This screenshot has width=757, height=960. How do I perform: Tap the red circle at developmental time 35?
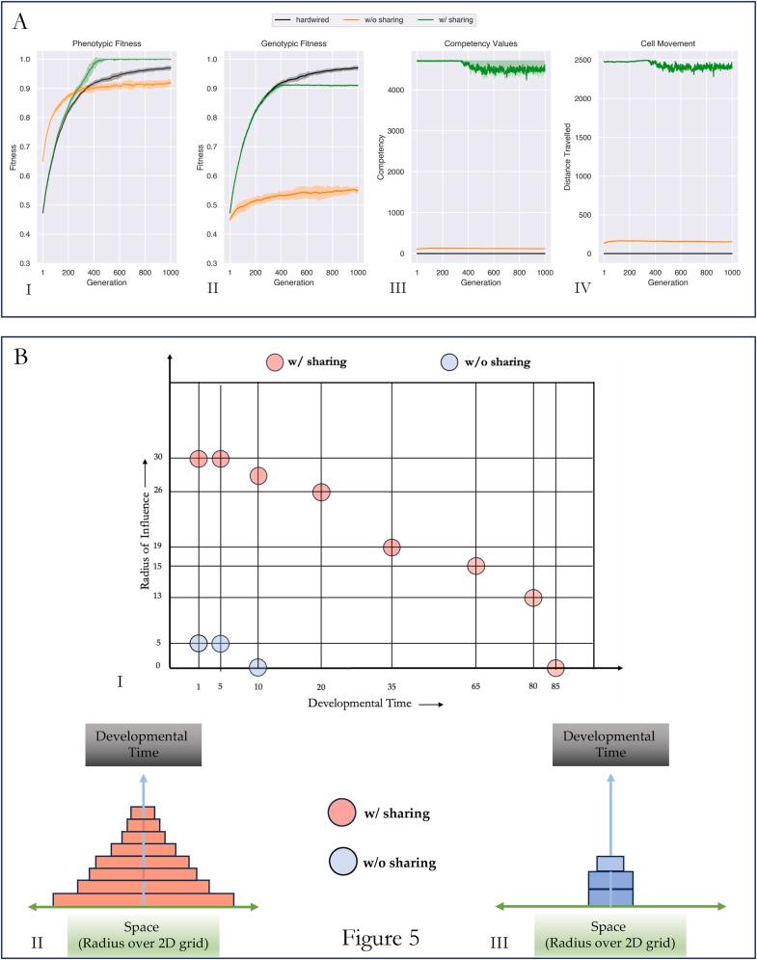coord(392,547)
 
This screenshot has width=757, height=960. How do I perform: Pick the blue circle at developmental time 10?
coord(257,667)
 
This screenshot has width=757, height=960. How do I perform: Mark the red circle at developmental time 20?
coord(321,493)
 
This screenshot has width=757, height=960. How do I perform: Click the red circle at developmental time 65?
coord(475,566)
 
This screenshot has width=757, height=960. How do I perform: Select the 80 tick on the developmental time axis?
coord(532,686)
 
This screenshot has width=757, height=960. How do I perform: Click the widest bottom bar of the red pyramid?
coord(144,899)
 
